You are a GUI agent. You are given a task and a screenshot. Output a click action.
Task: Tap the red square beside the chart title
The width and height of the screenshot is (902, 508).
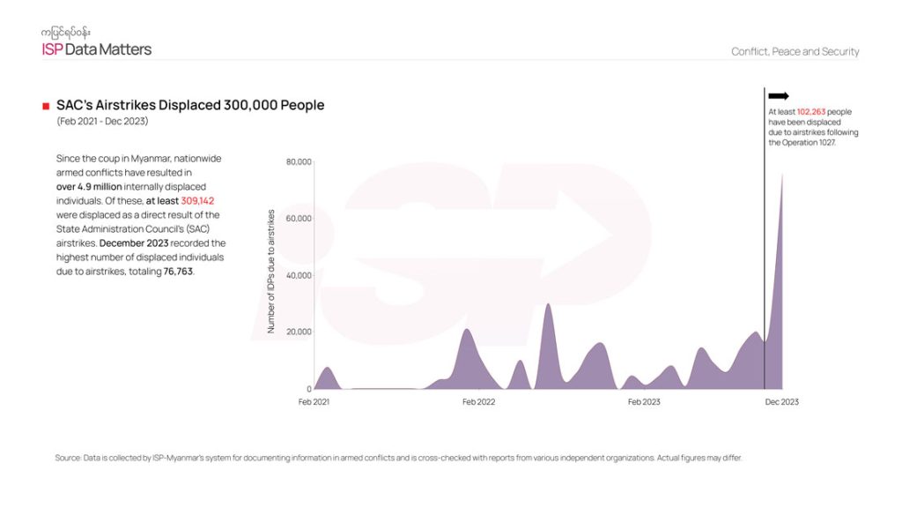45,106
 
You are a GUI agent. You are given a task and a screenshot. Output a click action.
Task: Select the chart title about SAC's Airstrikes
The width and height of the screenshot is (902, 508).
190,105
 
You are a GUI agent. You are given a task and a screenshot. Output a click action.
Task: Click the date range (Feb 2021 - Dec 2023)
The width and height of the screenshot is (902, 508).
102,122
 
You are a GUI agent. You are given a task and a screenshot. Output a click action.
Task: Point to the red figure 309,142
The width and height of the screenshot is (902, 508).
198,201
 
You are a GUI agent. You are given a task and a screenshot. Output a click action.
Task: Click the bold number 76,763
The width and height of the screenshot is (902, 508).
178,272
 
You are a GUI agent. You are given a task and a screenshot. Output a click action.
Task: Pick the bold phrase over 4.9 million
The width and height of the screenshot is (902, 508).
90,187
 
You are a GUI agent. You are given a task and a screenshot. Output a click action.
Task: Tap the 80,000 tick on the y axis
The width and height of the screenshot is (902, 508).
299,162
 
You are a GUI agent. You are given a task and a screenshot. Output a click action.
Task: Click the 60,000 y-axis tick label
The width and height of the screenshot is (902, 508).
299,219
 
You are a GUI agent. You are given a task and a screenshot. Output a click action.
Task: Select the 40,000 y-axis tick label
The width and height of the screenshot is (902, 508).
299,275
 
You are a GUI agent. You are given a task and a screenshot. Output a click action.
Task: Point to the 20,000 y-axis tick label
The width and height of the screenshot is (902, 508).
299,332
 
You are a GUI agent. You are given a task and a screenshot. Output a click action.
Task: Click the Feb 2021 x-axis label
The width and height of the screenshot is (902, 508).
314,402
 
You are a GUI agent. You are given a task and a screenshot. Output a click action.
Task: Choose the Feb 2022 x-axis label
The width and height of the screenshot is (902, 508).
479,402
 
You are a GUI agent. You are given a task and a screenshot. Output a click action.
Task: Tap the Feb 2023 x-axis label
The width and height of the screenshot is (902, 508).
644,402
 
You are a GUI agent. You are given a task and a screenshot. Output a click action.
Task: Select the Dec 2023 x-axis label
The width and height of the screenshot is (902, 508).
781,402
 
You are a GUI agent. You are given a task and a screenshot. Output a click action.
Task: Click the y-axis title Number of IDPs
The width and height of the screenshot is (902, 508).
271,272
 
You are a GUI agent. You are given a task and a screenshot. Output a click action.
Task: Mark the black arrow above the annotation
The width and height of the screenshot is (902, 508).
779,96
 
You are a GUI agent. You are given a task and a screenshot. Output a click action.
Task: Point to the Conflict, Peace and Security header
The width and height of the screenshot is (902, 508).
795,51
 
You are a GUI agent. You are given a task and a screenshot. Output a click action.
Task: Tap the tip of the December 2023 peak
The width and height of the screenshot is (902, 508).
781,174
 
